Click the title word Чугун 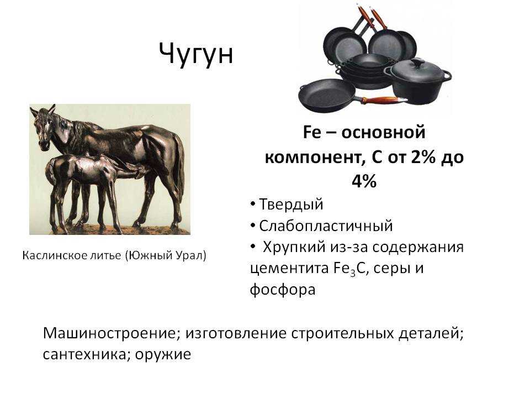click(x=196, y=54)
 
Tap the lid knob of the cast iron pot click(x=418, y=62)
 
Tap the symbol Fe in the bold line click(x=311, y=132)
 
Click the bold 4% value click(x=364, y=181)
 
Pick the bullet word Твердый click(x=291, y=205)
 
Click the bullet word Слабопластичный click(x=326, y=226)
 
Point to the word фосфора click(x=283, y=290)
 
